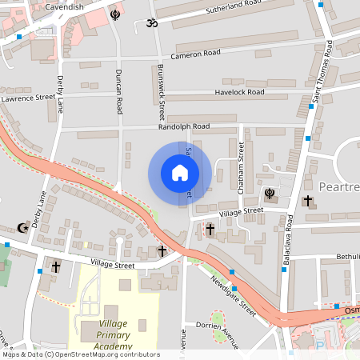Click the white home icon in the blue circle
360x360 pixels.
coord(180,173)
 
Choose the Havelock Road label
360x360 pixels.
coord(239,92)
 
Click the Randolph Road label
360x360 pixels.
coord(185,126)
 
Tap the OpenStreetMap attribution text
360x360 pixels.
coord(80,354)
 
